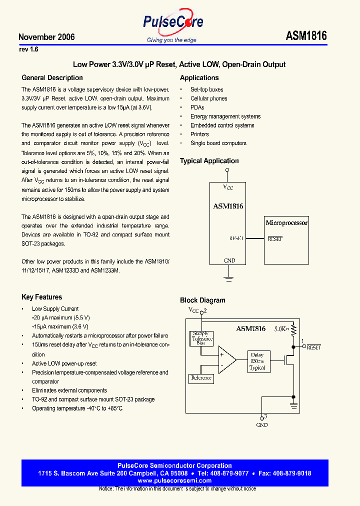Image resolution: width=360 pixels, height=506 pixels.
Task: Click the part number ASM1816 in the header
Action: pos(306,36)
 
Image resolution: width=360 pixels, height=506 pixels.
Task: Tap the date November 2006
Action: pos(46,37)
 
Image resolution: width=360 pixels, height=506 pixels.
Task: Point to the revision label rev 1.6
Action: pos(28,49)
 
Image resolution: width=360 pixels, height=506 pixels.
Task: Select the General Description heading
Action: pos(52,78)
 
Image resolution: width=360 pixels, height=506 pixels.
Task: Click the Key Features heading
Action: pos(41,297)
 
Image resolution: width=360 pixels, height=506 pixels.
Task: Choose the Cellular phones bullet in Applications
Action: pos(208,98)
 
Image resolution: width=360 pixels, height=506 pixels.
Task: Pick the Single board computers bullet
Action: pos(218,143)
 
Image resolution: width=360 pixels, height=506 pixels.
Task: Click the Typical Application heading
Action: pos(209,161)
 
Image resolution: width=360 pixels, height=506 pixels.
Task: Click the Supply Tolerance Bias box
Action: pos(201,338)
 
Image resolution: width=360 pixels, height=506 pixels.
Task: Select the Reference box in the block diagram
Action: pos(201,378)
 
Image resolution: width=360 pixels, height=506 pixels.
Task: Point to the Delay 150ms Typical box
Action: pos(257,361)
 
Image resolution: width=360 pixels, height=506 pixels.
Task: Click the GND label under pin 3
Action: pos(261,425)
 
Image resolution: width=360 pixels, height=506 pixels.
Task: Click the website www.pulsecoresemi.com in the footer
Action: pos(174,480)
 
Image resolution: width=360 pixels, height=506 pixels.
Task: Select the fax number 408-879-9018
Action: pos(292,473)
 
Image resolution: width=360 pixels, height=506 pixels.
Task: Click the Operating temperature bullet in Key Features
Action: pos(77,408)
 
